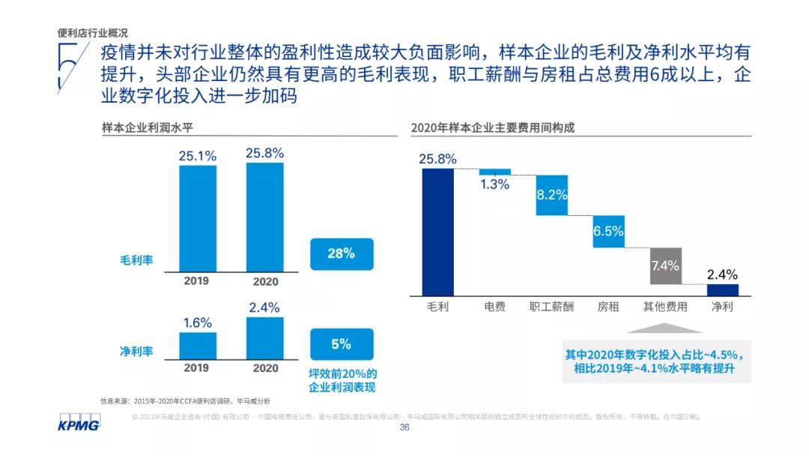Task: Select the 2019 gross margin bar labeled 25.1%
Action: pos(197,217)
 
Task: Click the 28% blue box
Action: pos(341,253)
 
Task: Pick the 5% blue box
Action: pos(341,344)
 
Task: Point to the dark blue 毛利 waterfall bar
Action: pos(437,232)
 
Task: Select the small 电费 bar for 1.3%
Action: pos(495,172)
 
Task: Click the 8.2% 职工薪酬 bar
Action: pos(552,195)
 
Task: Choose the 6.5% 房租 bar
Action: pos(608,231)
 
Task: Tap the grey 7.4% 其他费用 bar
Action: pos(665,265)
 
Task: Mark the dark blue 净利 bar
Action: pos(722,289)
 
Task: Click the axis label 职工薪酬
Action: pos(551,307)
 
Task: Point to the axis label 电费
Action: pos(494,307)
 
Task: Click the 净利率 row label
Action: pos(137,349)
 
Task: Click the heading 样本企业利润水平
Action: pos(148,127)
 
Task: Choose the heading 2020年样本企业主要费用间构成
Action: pos(493,127)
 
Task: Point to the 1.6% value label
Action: pos(197,323)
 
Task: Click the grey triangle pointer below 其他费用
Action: pos(665,328)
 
